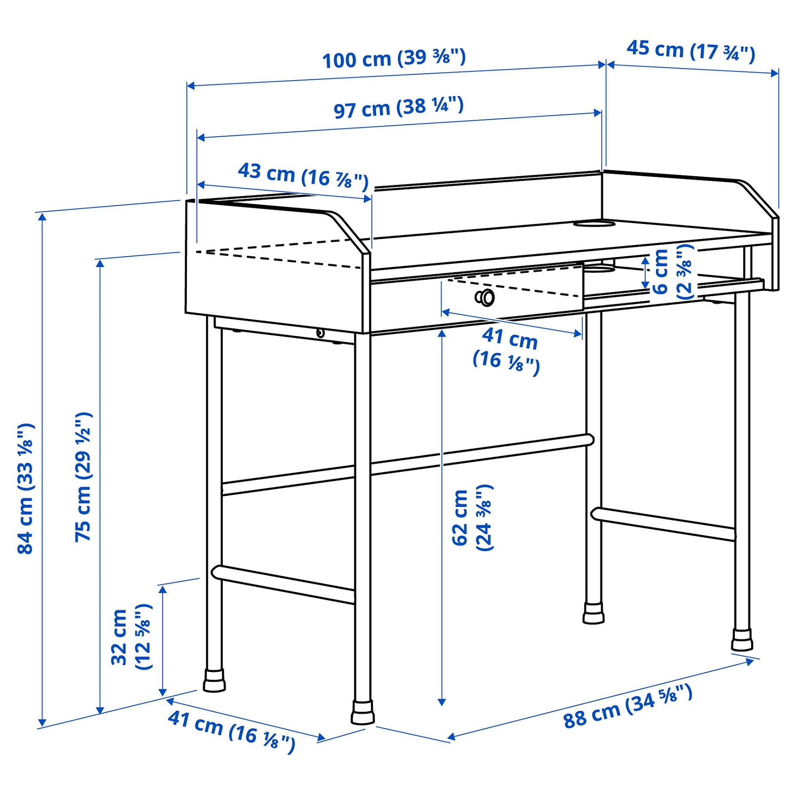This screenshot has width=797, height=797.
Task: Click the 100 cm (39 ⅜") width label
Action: [x=393, y=58]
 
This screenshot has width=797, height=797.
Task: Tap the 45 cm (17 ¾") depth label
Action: [x=690, y=51]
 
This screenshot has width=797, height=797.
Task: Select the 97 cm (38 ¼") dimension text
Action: [x=398, y=108]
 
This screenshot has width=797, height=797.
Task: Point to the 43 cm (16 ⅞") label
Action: [x=303, y=175]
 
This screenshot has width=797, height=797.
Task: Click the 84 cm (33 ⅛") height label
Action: [x=26, y=488]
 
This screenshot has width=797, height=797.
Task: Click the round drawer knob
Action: [x=485, y=297]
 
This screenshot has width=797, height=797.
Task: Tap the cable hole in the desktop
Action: [x=594, y=223]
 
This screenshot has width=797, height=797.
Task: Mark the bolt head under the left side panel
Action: [x=320, y=333]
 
